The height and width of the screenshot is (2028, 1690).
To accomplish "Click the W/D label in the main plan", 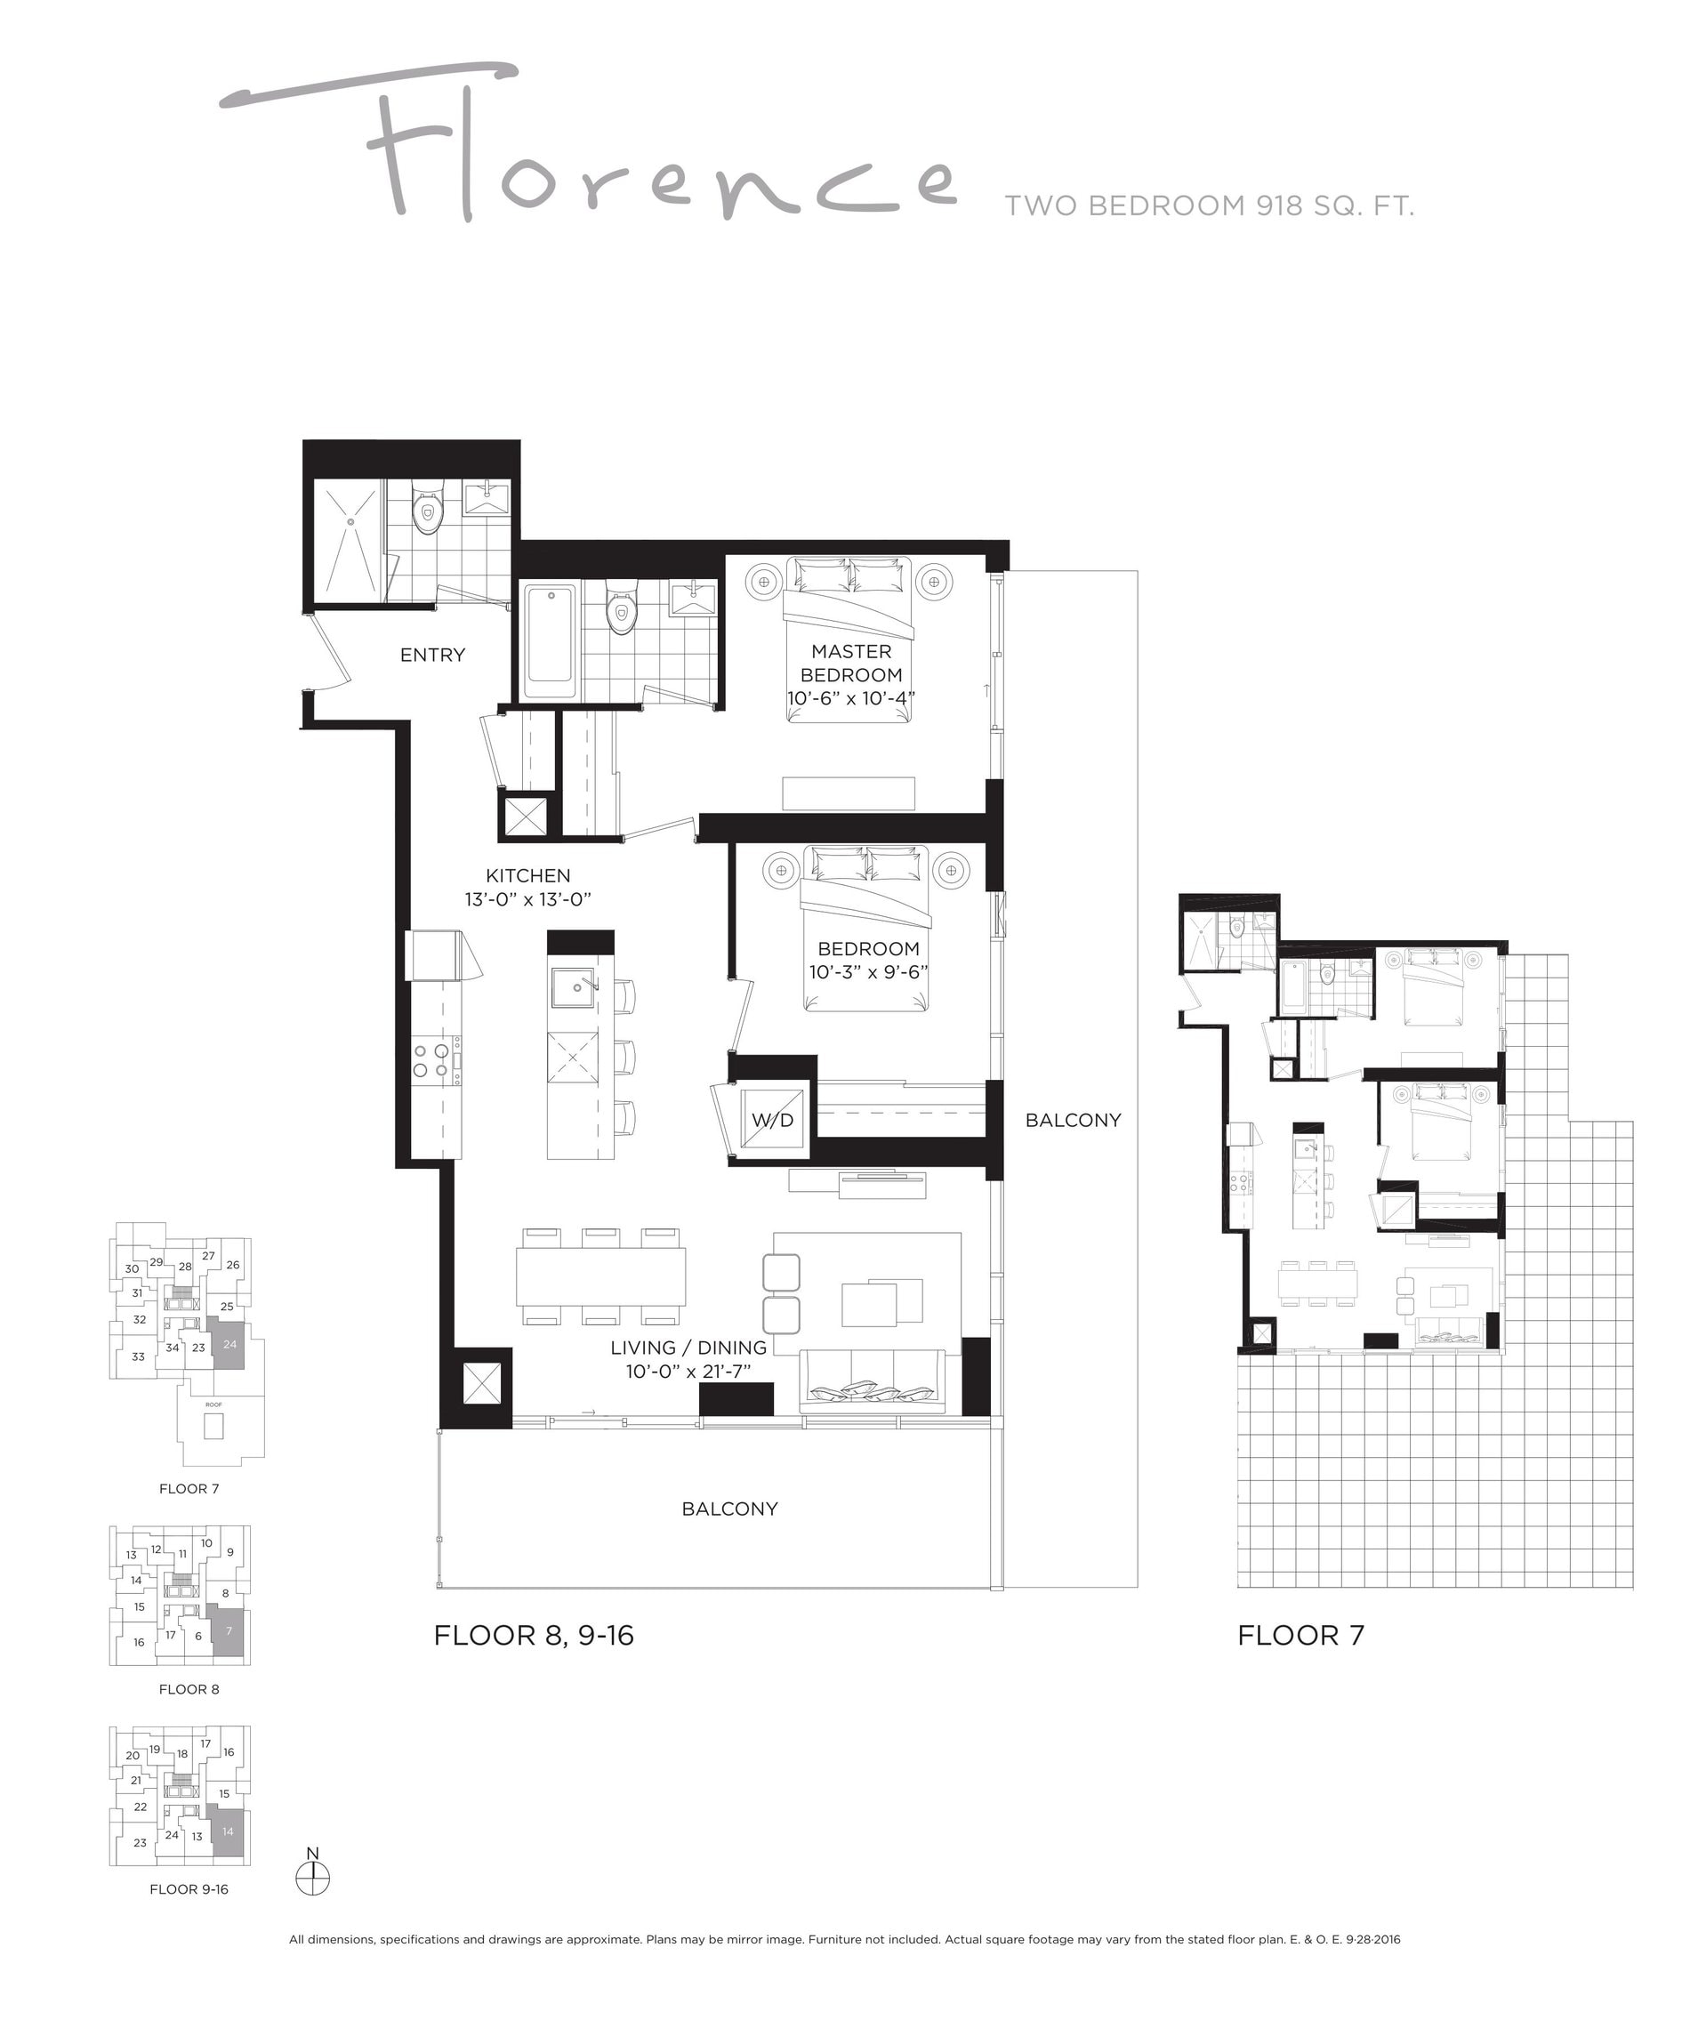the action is tap(773, 1119).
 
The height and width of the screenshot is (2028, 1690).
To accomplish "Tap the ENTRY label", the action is tap(432, 655).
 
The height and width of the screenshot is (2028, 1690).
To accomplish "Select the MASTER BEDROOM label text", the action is tap(851, 664).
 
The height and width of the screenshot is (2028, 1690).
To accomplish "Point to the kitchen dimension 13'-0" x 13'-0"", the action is tap(527, 899).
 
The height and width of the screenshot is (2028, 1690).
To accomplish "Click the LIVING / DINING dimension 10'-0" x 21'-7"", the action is tap(688, 1372).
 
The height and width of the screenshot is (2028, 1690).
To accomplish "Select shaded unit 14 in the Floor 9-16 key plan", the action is tap(228, 1830).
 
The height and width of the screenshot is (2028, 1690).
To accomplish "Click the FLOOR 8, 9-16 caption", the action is tap(534, 1635).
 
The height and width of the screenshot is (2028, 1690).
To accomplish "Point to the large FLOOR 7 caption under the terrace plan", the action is tap(1300, 1635).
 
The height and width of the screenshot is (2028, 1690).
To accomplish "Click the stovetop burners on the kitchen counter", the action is tap(431, 1059).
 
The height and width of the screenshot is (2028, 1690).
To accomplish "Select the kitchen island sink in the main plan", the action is tap(574, 987).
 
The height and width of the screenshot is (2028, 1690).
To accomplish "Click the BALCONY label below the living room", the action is tap(729, 1509).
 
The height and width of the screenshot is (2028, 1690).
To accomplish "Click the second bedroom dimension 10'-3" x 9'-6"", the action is tap(868, 971).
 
